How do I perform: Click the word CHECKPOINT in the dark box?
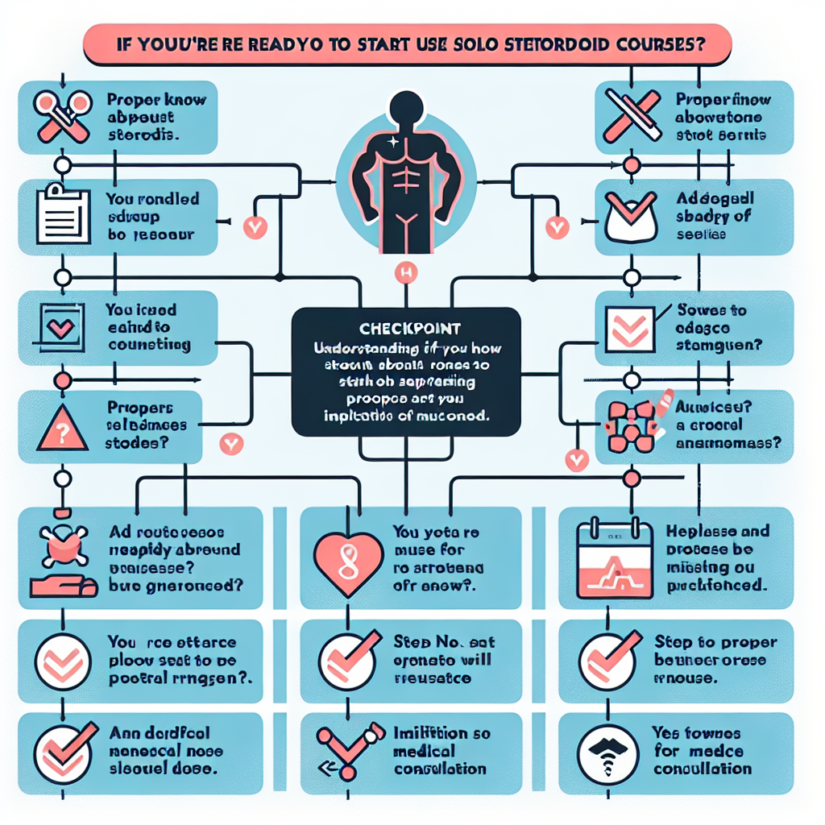[406, 329]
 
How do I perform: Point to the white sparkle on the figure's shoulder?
[392, 141]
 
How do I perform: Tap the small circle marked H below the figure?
[405, 275]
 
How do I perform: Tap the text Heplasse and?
[717, 532]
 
